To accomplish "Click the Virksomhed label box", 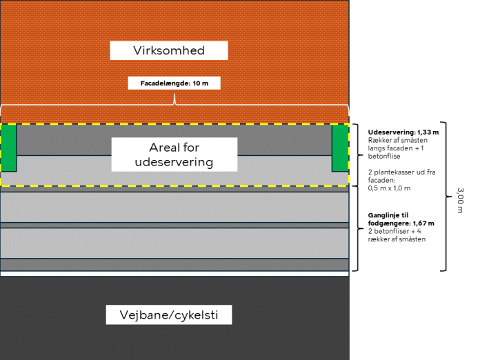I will [x=169, y=50].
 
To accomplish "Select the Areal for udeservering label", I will [x=174, y=154].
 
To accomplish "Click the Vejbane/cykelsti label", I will [x=168, y=315].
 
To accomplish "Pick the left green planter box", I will [x=8, y=148].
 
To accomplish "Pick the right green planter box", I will [x=340, y=148].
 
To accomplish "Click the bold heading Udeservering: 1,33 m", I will [x=403, y=131].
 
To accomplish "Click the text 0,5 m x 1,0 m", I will [x=388, y=188].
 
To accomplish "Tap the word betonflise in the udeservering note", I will [x=383, y=156].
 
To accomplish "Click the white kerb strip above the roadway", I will [x=174, y=274].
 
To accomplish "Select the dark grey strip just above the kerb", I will [x=174, y=264].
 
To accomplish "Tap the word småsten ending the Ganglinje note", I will [x=411, y=239].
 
